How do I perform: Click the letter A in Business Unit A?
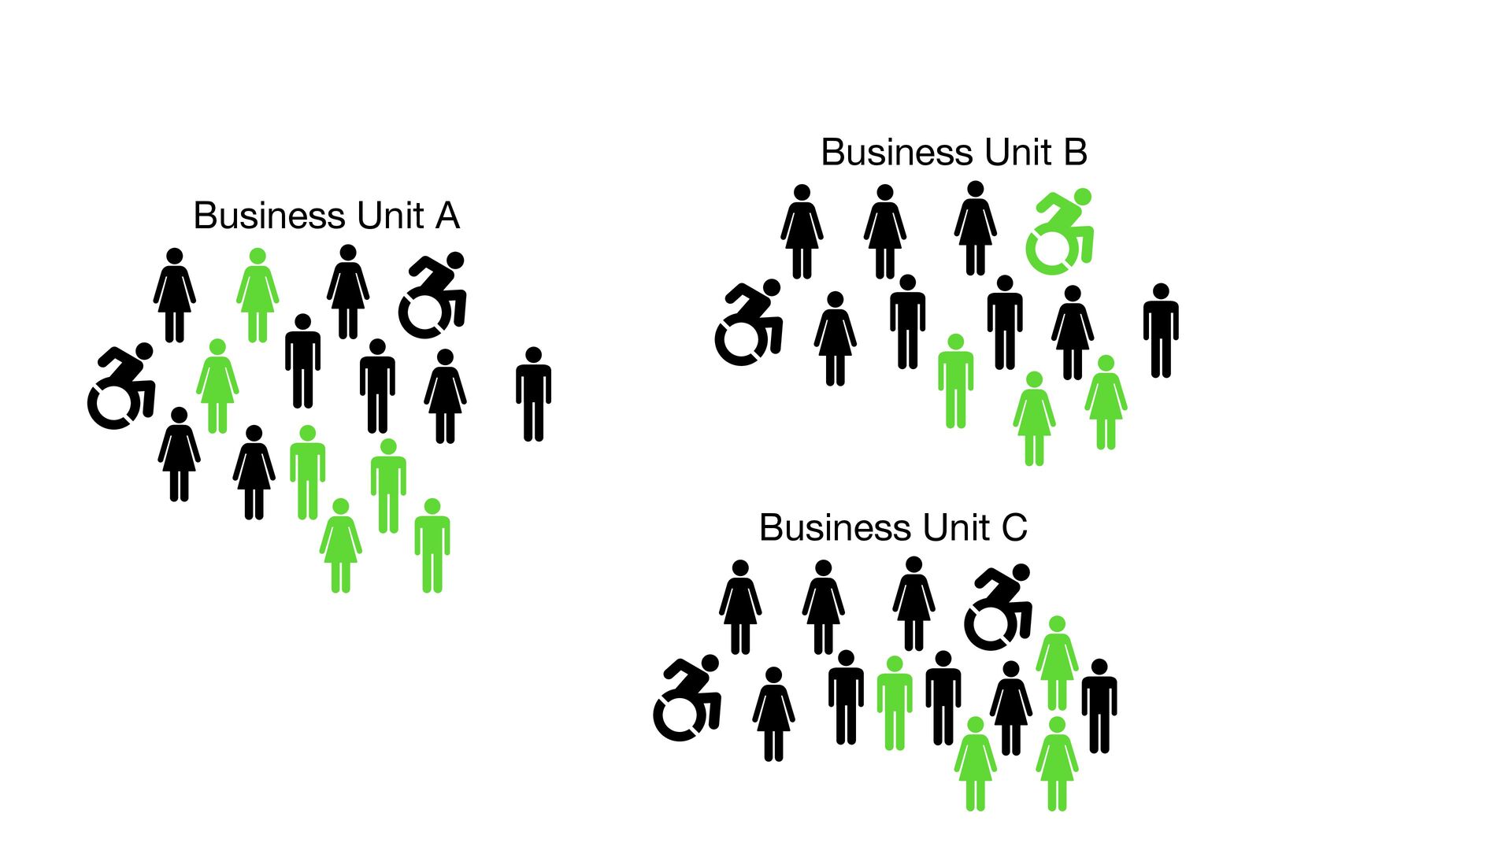[x=447, y=216]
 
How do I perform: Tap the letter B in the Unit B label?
[x=1075, y=153]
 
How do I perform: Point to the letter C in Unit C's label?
[x=1014, y=528]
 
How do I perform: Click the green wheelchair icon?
[x=1059, y=231]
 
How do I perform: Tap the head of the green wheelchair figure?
[x=1083, y=197]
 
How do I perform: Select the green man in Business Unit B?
[x=955, y=382]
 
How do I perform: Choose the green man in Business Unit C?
[x=894, y=703]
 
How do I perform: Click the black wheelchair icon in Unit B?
[x=748, y=323]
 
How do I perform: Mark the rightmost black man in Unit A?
[x=533, y=394]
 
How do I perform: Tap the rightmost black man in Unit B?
[x=1161, y=331]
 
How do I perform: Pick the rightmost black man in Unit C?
[x=1099, y=706]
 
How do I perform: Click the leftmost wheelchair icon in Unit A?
[x=121, y=386]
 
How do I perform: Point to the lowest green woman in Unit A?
[x=340, y=545]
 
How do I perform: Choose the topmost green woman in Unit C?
[x=1057, y=663]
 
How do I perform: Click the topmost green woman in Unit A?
[x=258, y=295]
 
